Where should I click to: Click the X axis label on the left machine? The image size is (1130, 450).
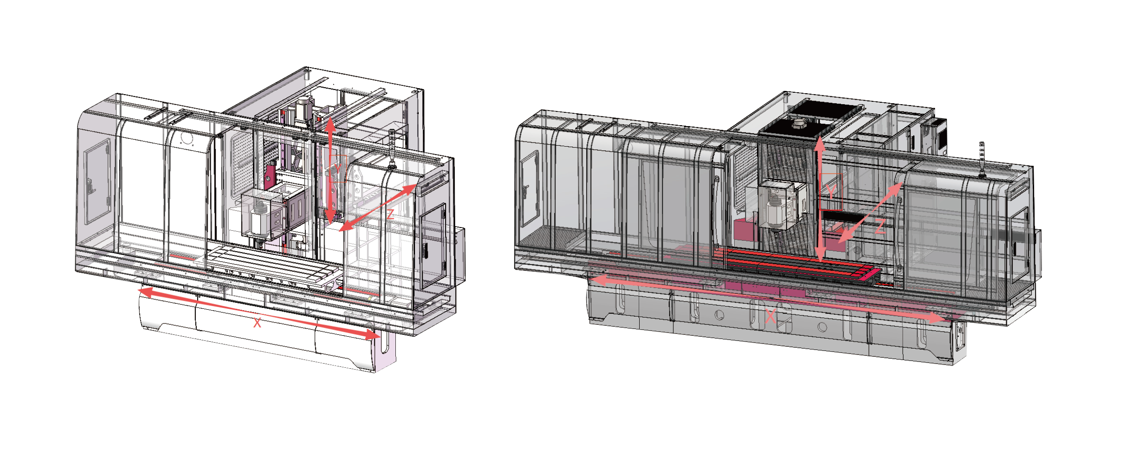tap(257, 323)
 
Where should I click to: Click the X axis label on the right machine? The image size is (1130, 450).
tap(770, 316)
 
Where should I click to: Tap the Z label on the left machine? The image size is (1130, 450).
tap(390, 214)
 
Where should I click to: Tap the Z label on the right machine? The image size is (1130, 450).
tap(880, 226)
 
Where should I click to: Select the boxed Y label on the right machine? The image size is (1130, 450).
tap(831, 192)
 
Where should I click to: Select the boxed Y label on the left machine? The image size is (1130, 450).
tap(338, 169)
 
